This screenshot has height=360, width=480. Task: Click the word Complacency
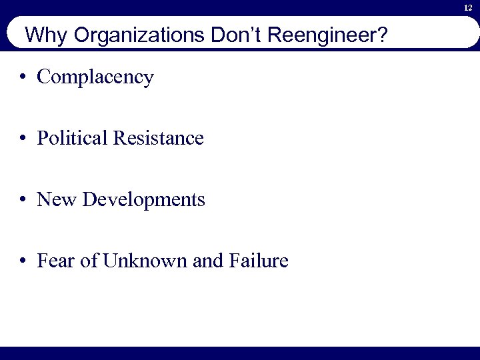pos(95,77)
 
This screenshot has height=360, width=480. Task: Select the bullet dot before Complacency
pos(23,77)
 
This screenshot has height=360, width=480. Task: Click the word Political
pos(73,138)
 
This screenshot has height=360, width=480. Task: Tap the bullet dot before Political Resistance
pos(23,139)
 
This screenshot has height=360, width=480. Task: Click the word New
pos(57,199)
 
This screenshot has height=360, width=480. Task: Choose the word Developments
pos(144,199)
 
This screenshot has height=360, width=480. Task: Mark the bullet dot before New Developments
pos(23,199)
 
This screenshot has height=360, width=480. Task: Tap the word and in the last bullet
pos(207,260)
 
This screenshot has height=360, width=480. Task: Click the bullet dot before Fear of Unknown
pos(23,261)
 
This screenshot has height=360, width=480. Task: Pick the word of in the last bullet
pos(88,260)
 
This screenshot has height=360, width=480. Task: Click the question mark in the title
pos(381,34)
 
